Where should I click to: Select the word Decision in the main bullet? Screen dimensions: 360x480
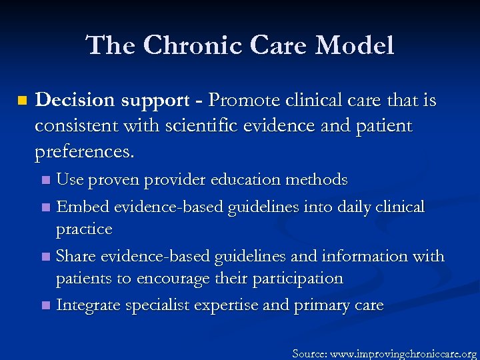tap(75, 101)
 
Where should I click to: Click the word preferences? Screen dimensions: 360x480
tap(84, 152)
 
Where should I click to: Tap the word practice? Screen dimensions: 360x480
tap(84, 229)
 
